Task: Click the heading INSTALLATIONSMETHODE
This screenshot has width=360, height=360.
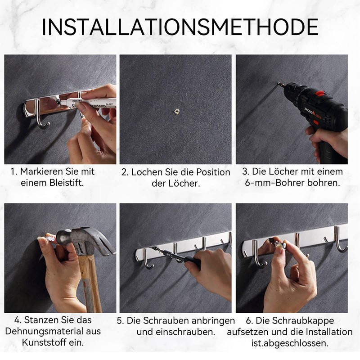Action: coord(180,27)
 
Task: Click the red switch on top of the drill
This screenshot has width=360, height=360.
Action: coord(319,94)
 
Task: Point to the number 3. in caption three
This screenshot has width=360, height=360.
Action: coord(246,171)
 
